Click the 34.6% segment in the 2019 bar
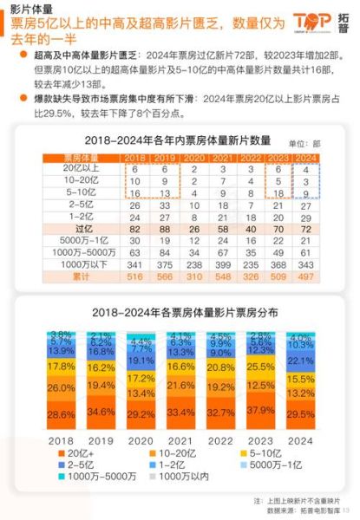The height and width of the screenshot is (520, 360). point(101,412)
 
